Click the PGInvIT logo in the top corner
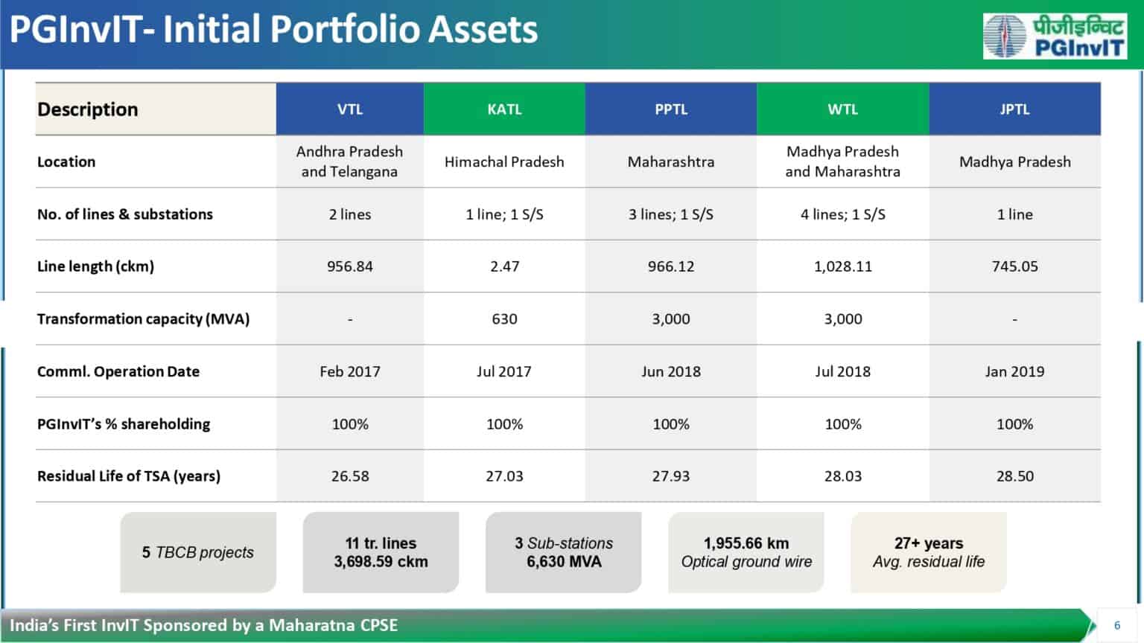point(1054,36)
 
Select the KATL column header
point(504,109)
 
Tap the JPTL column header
point(1014,109)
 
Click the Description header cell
point(88,109)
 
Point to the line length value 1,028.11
point(842,266)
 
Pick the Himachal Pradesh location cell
point(504,161)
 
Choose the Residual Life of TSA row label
point(129,476)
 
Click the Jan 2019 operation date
point(1014,371)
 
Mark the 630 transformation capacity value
point(504,319)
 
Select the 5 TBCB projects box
point(198,552)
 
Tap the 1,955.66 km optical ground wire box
point(746,552)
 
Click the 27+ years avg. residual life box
point(929,552)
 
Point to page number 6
point(1116,625)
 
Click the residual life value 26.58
point(350,476)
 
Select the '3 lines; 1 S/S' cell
point(670,214)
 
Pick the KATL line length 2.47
point(504,266)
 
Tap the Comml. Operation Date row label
point(118,371)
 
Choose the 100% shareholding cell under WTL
point(842,424)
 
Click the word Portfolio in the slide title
point(344,30)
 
